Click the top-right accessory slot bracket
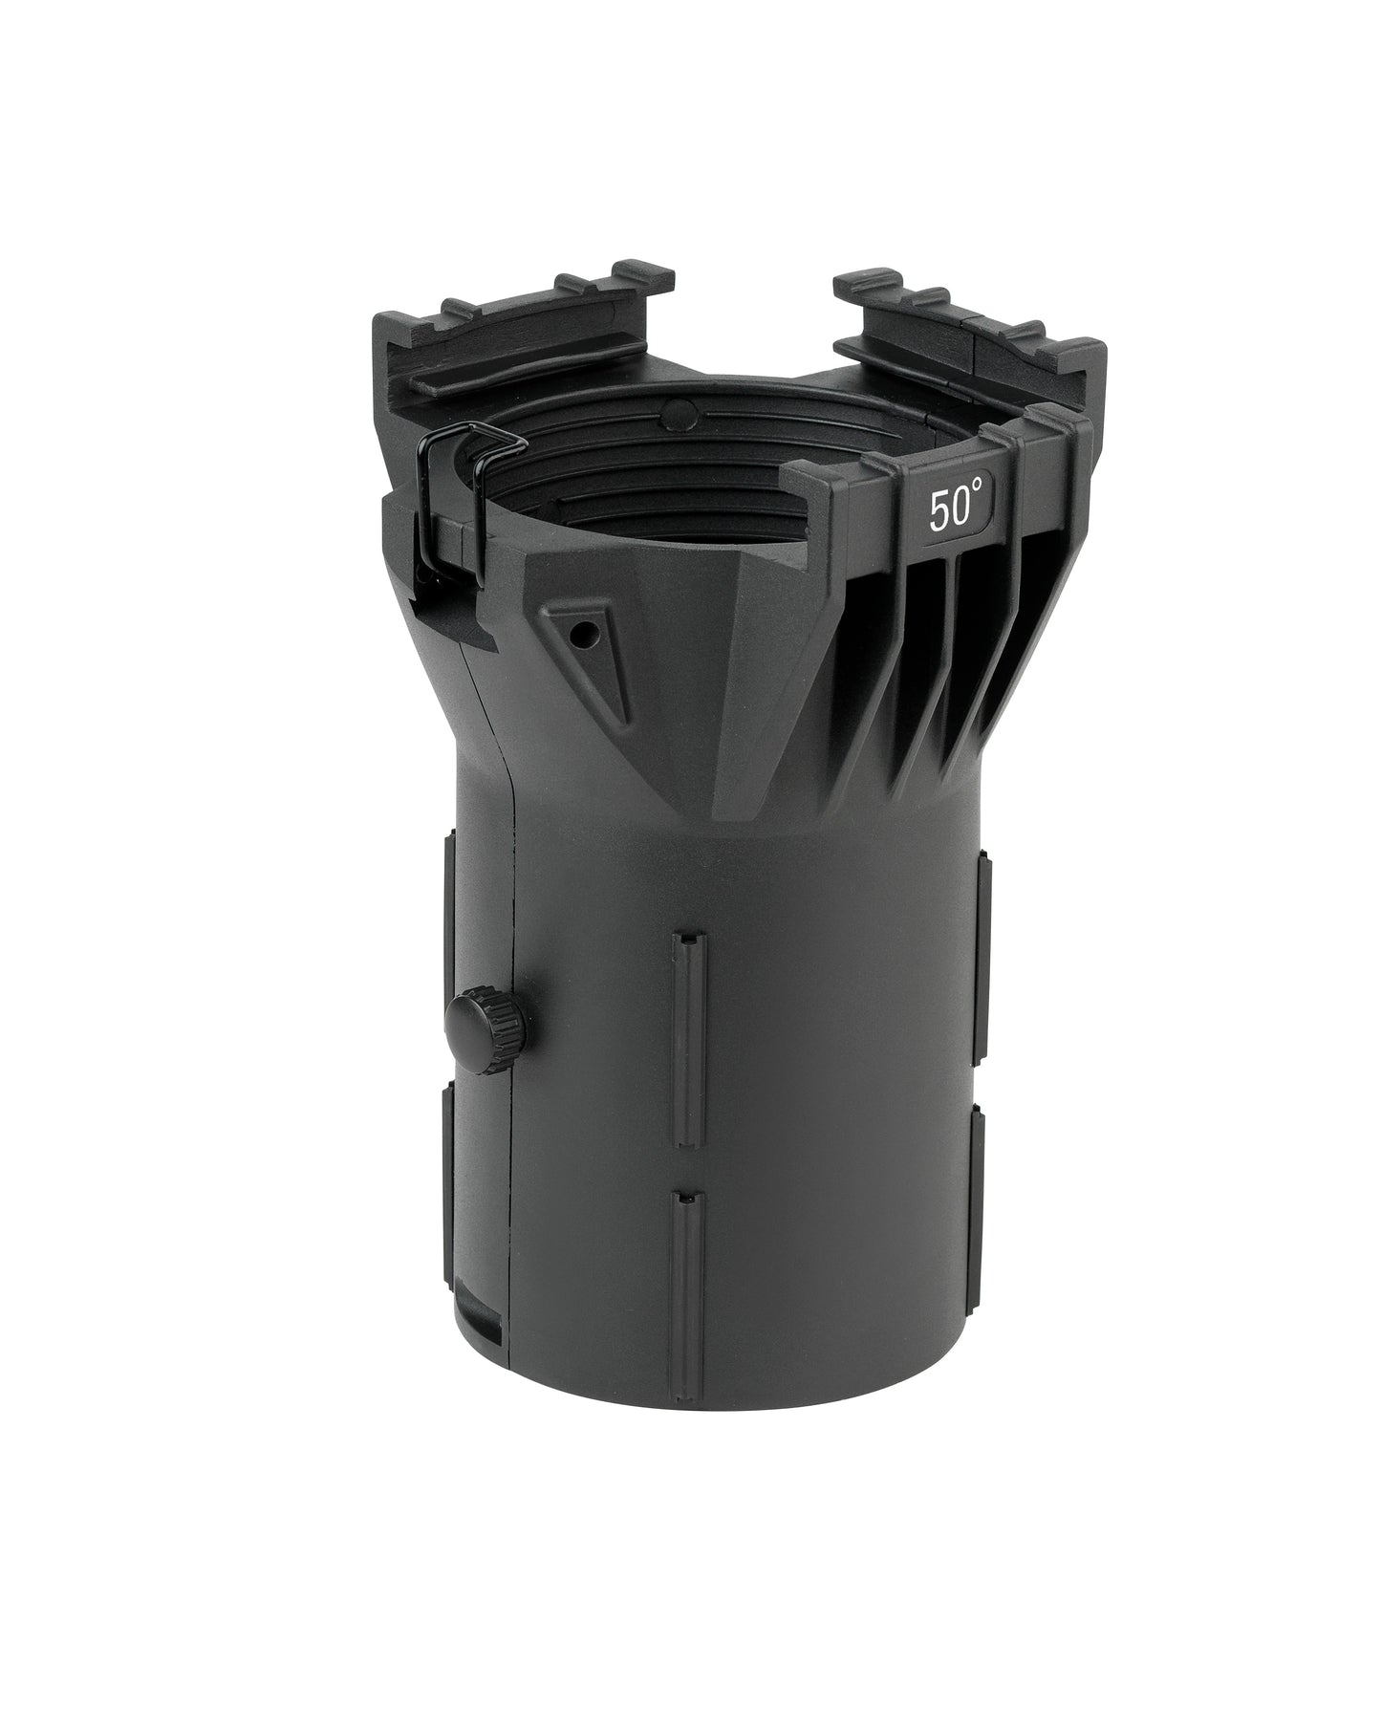pos(965,335)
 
